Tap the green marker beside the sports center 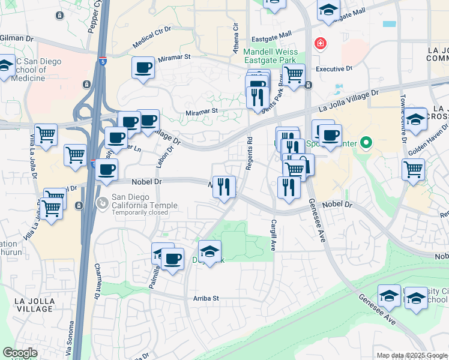pos(367,143)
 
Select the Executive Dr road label pos(334,68)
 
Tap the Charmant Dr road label pos(96,282)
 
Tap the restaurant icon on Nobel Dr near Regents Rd pos(224,187)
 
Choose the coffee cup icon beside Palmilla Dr pos(172,259)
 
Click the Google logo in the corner pos(20,353)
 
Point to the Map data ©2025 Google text pos(411,355)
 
